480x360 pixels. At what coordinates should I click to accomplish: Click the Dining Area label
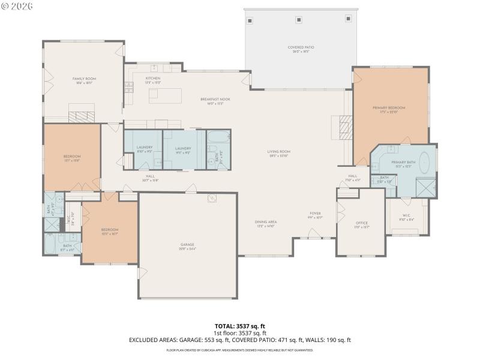(265, 223)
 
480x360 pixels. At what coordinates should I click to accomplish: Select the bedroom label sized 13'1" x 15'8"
(72, 158)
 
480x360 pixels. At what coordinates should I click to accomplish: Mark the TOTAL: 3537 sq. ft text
(239, 326)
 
